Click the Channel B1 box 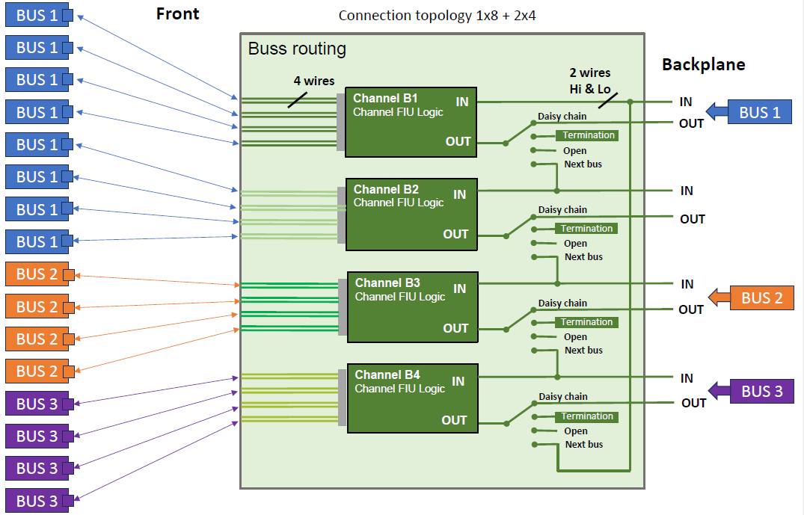tap(411, 122)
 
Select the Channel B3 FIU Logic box tap(412, 306)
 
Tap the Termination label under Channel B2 tap(587, 229)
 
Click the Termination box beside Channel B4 tap(587, 416)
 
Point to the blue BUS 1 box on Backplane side tap(759, 112)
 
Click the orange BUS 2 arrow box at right tap(761, 298)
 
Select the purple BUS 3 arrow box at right tap(761, 391)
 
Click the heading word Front tap(177, 13)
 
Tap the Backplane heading tap(703, 64)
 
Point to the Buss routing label tap(297, 49)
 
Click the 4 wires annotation tap(313, 80)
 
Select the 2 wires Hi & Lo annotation tap(589, 79)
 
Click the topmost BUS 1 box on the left tap(37, 15)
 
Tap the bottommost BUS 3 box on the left tap(37, 501)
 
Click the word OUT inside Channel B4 tap(454, 420)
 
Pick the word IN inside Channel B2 tap(459, 194)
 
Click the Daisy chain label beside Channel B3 tap(562, 303)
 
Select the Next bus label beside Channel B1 tap(583, 164)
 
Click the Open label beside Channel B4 tap(575, 431)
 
